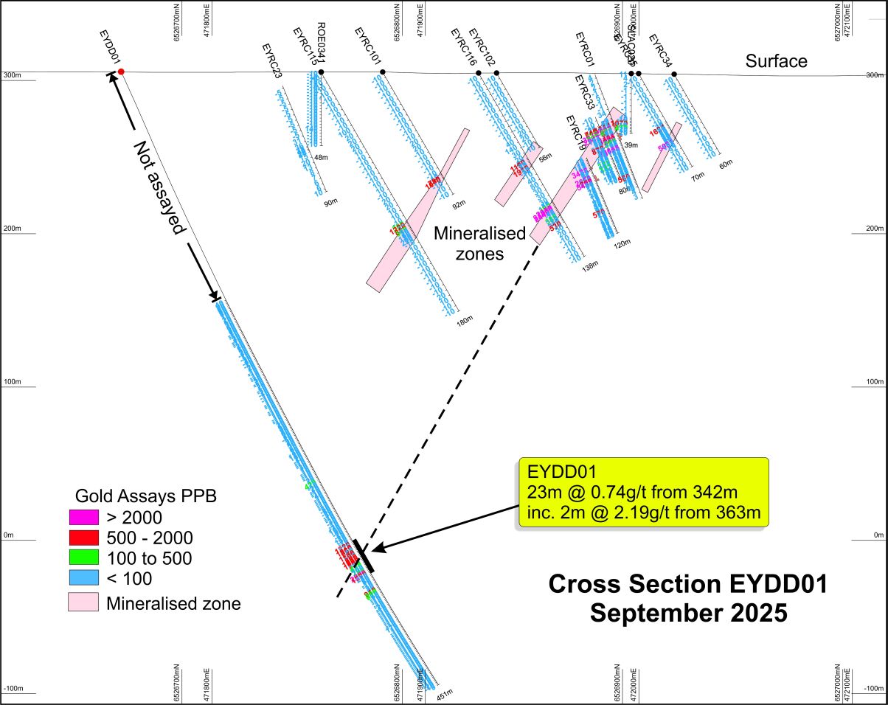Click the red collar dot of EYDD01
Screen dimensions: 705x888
[121, 72]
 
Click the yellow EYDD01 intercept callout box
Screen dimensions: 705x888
[643, 492]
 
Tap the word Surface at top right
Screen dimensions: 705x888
[776, 61]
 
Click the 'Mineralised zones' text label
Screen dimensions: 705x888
[479, 243]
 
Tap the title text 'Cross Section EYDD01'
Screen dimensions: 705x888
[687, 585]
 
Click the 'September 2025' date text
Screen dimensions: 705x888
[687, 612]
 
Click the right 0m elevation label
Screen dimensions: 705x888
[878, 535]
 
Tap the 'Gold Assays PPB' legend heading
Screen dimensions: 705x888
[146, 496]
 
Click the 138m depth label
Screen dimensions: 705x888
[589, 268]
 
